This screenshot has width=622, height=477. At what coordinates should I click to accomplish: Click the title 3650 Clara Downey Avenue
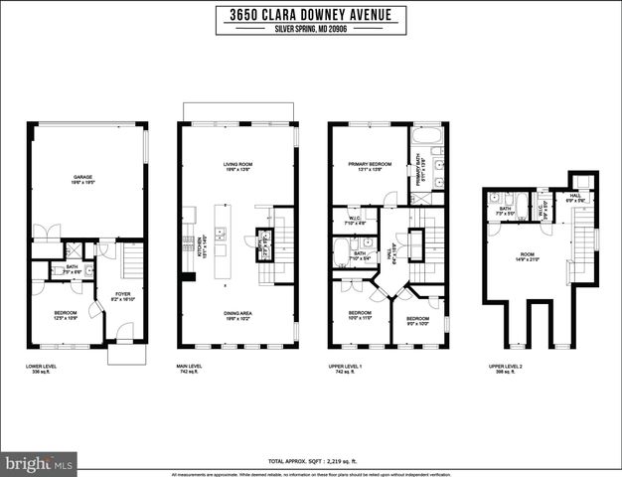point(310,14)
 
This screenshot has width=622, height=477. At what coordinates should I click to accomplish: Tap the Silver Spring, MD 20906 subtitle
point(310,30)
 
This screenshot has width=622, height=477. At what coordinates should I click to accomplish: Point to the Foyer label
point(123,295)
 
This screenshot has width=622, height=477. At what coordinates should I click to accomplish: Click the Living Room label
point(237,166)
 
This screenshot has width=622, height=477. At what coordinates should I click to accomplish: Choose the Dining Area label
point(237,315)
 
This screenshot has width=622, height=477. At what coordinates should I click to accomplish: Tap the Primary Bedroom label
point(368,166)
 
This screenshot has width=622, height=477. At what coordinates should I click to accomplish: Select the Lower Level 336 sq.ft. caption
point(42,369)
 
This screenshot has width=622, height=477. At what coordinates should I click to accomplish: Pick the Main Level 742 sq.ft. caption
point(193,369)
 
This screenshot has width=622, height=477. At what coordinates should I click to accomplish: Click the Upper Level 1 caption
point(346,369)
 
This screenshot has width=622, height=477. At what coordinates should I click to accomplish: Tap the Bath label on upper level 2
point(505,210)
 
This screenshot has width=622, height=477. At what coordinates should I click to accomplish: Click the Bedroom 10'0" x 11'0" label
point(359,316)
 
